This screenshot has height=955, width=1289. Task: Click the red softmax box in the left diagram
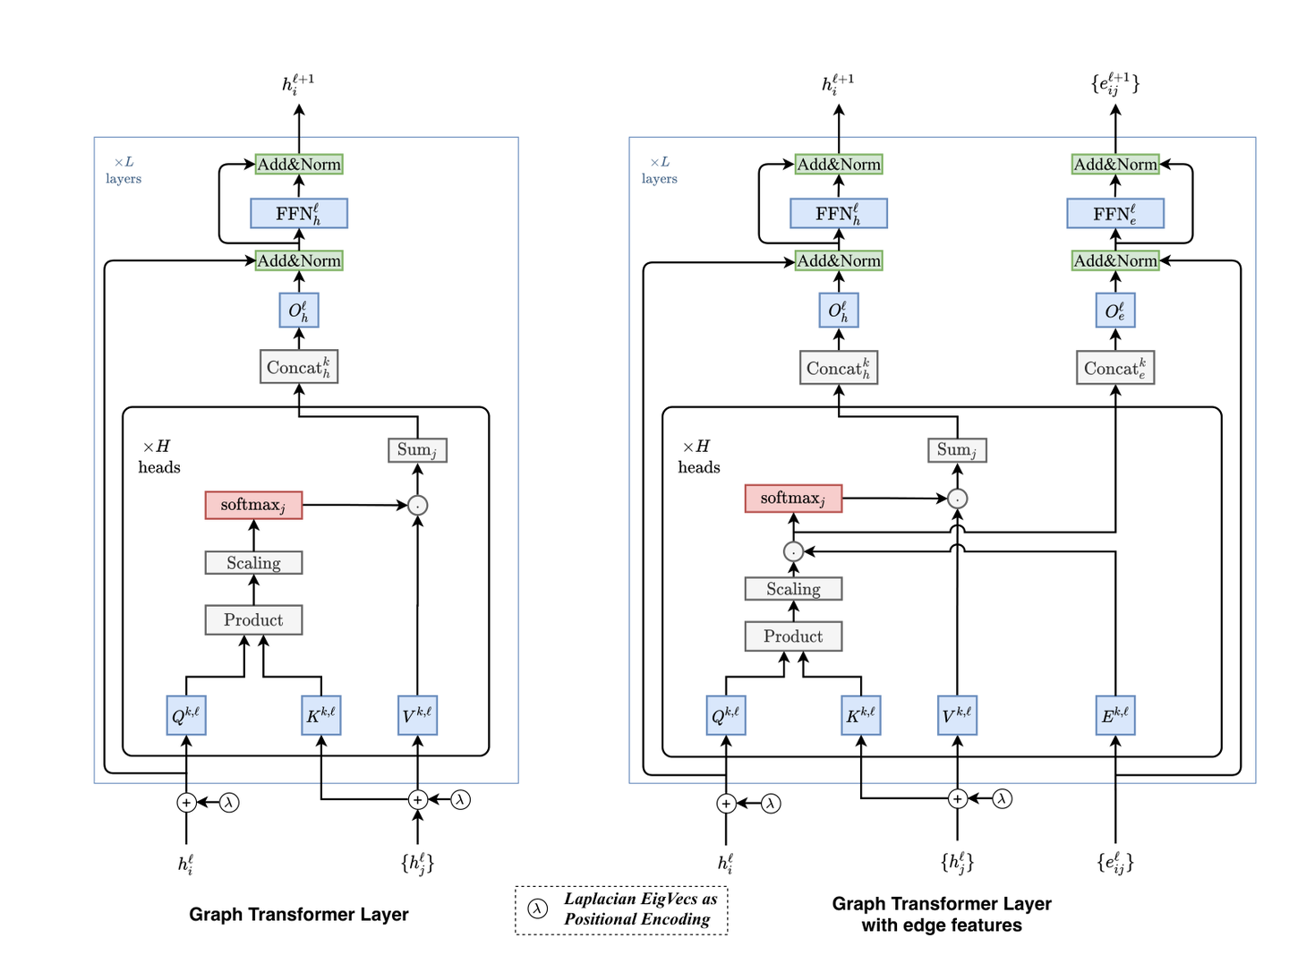coord(253,505)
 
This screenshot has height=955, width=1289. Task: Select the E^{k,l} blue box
coord(1115,715)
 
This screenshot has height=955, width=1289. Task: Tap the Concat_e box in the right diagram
coord(1115,368)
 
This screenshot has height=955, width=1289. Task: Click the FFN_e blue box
coord(1115,214)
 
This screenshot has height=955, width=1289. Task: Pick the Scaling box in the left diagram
coord(253,563)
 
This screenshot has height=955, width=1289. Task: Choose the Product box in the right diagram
coord(793,636)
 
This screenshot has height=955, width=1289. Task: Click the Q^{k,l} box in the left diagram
coord(186,715)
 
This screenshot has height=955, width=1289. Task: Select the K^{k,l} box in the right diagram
coord(861,715)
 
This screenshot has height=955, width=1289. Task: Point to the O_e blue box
coord(1115,311)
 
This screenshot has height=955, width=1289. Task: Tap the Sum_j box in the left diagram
coord(417,450)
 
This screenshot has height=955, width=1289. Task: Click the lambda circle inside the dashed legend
coord(537,908)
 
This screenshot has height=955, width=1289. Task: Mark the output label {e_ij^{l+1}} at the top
coord(1115,83)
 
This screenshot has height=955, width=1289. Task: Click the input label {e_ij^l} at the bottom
coord(1115,862)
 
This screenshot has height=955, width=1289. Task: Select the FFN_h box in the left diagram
coord(299,214)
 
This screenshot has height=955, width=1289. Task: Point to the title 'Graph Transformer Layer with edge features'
coord(942,914)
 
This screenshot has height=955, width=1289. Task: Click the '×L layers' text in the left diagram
coord(124,170)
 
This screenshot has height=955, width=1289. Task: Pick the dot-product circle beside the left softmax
coord(417,506)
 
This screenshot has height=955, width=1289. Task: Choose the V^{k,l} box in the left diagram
coord(417,715)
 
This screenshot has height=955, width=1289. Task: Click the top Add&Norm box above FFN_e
coord(1115,165)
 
